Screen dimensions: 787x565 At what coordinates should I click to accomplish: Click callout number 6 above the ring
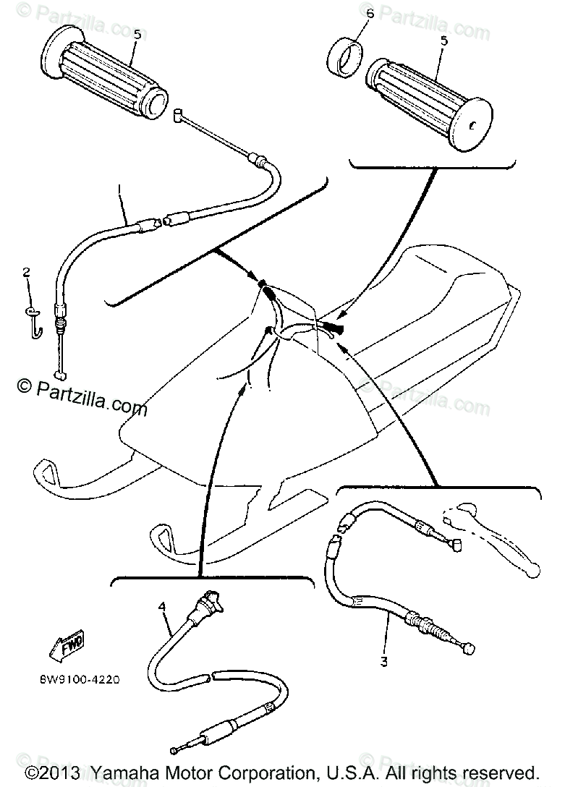pyautogui.click(x=370, y=13)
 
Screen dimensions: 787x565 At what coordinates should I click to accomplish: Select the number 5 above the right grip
pyautogui.click(x=443, y=41)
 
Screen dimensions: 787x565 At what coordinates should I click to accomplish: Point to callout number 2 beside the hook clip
pyautogui.click(x=27, y=272)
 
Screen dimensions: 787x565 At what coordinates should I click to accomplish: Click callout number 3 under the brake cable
pyautogui.click(x=384, y=660)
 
